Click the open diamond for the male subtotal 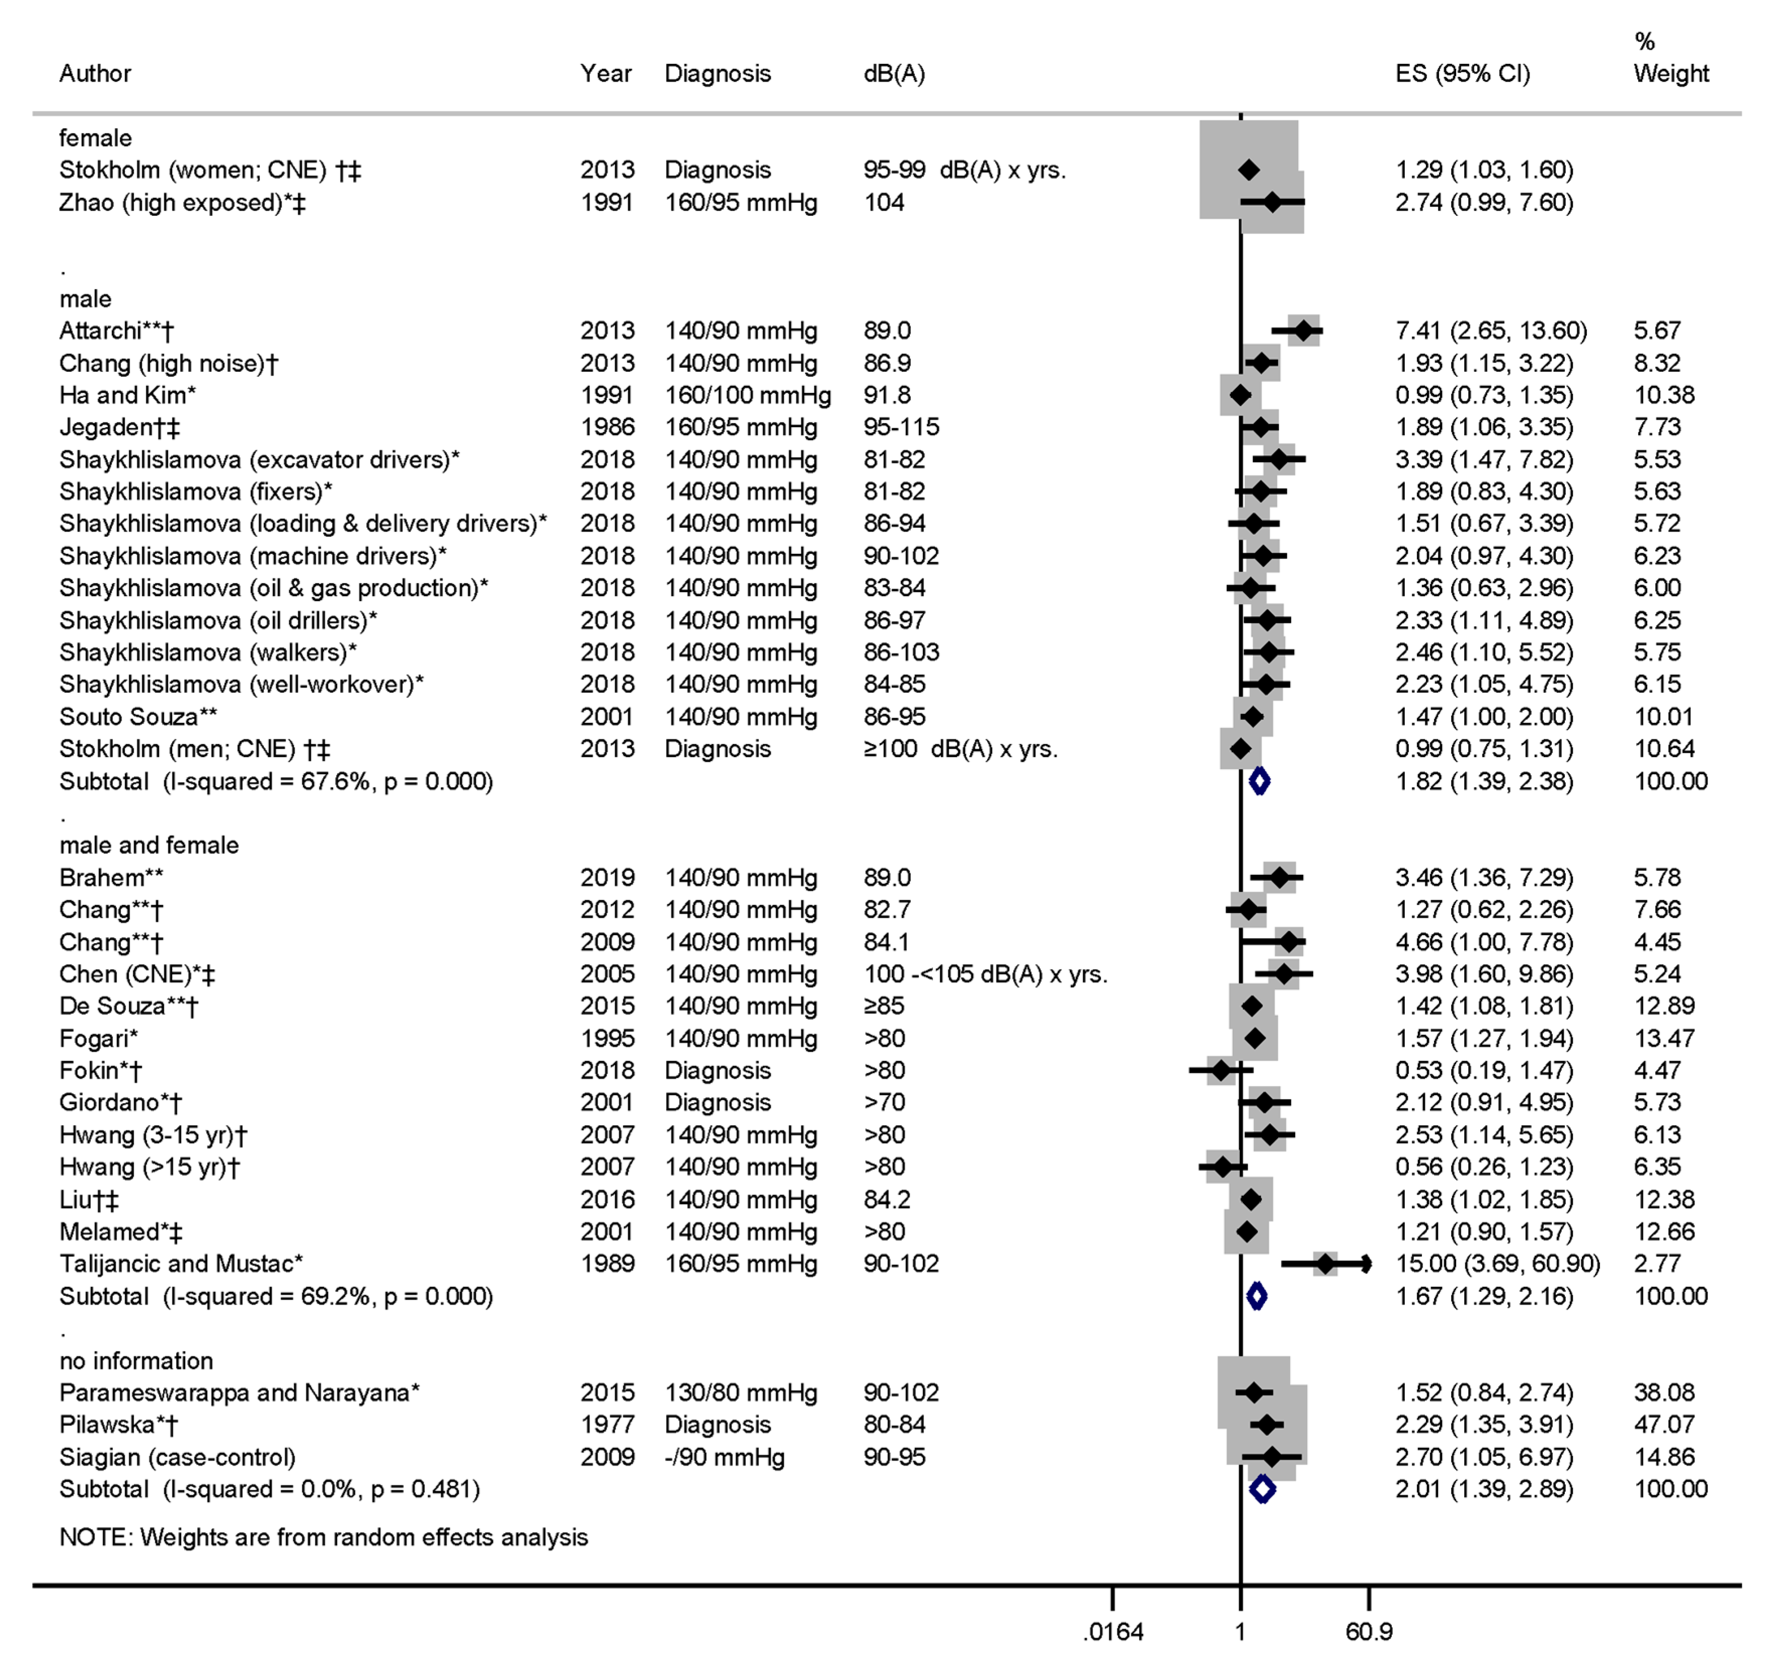[1258, 782]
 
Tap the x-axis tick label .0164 [1113, 1632]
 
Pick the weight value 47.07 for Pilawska [1663, 1425]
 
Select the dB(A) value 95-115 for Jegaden [901, 427]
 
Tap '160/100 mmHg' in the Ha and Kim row [747, 395]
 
